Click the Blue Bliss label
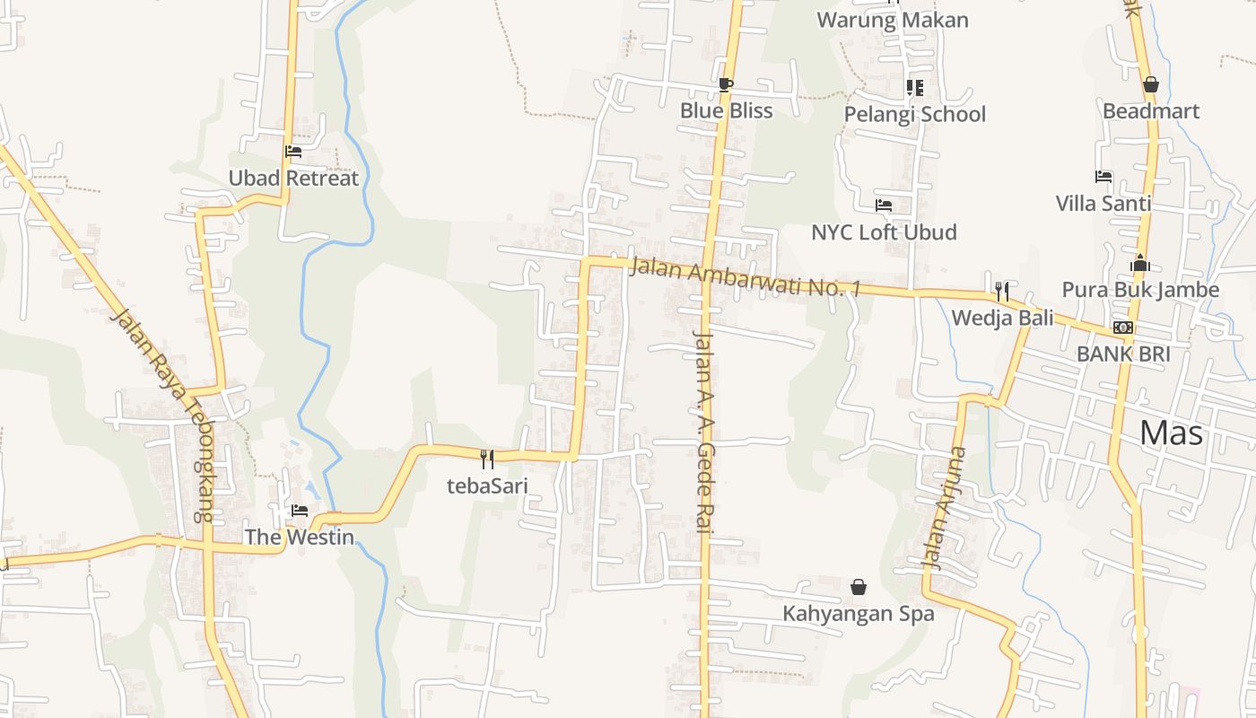click(x=726, y=110)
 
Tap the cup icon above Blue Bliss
click(x=726, y=85)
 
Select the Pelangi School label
click(x=914, y=114)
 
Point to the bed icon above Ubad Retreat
click(x=293, y=152)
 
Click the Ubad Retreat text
click(x=293, y=178)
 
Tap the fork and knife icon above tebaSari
click(x=487, y=460)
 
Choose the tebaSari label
click(x=487, y=486)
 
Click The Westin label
click(x=300, y=537)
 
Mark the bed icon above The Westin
click(x=300, y=511)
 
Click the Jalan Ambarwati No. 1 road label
click(x=745, y=277)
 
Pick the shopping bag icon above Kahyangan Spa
click(x=859, y=587)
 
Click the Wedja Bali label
click(x=1002, y=318)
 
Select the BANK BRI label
click(x=1123, y=354)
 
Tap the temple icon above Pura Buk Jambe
click(x=1140, y=264)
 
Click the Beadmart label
click(x=1151, y=110)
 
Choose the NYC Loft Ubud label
click(x=884, y=232)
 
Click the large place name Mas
click(x=1171, y=433)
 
